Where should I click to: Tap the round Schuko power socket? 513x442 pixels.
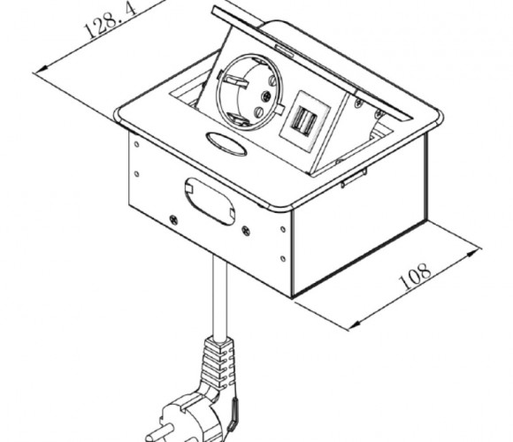[250, 92]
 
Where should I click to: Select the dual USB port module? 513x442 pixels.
[304, 121]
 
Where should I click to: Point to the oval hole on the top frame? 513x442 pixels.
[226, 143]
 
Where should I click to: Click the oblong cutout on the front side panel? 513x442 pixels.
[210, 201]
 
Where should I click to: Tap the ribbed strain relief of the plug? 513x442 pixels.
[218, 364]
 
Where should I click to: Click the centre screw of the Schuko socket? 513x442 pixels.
[266, 95]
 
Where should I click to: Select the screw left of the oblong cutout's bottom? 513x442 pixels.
[173, 220]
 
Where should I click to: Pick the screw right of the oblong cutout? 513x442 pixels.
[246, 231]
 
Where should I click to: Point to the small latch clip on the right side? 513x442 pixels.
[354, 178]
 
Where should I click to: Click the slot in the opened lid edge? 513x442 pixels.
[284, 49]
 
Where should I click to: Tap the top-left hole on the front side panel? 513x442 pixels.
[137, 144]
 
